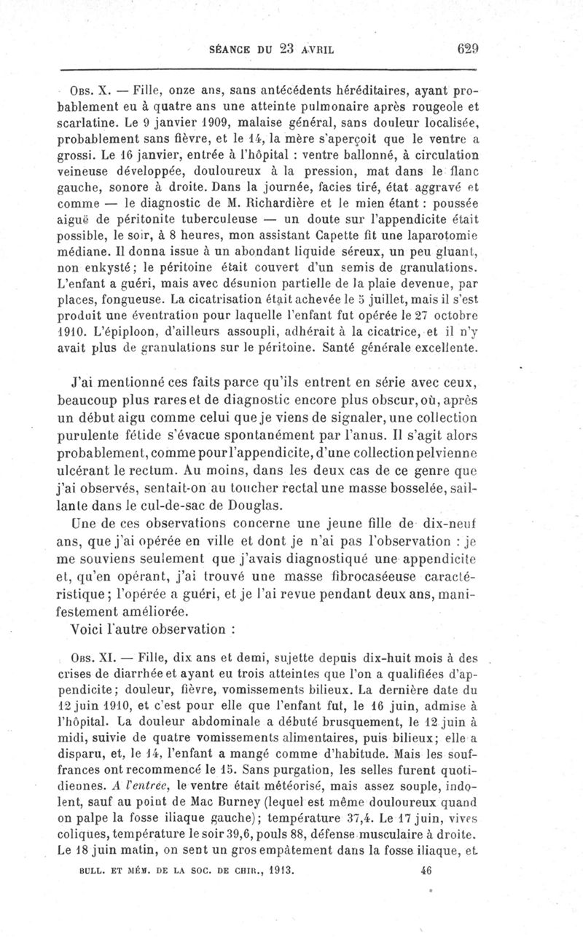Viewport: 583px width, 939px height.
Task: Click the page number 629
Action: [x=467, y=50]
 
